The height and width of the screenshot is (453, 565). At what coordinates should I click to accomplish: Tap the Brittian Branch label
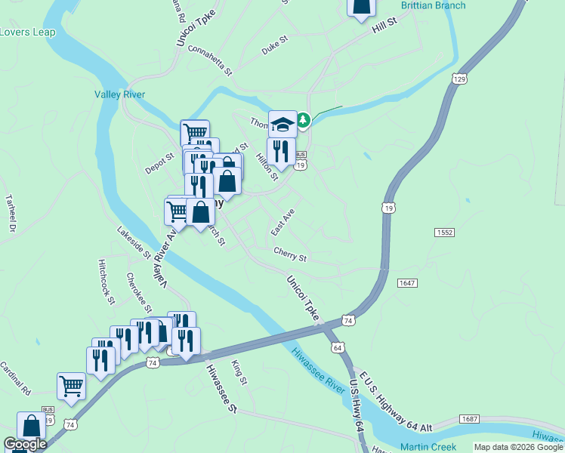pyautogui.click(x=433, y=5)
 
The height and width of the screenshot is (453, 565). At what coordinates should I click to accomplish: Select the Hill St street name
pyautogui.click(x=384, y=29)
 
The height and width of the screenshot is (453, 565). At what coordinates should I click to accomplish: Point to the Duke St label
pyautogui.click(x=275, y=46)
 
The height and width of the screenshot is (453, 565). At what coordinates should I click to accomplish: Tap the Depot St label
pyautogui.click(x=159, y=162)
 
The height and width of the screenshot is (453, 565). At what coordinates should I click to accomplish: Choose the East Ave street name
pyautogui.click(x=282, y=221)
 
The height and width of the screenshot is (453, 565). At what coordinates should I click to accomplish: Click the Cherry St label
pyautogui.click(x=290, y=257)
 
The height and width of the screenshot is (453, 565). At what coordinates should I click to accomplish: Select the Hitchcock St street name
pyautogui.click(x=106, y=282)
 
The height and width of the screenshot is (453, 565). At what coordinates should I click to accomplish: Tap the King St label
pyautogui.click(x=239, y=372)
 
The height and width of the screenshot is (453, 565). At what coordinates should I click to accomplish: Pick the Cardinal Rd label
pyautogui.click(x=15, y=379)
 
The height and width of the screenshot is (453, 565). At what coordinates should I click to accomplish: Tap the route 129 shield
pyautogui.click(x=459, y=79)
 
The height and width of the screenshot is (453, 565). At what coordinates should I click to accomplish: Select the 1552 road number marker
pyautogui.click(x=444, y=233)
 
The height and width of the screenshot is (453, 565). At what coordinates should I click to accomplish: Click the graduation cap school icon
pyautogui.click(x=282, y=124)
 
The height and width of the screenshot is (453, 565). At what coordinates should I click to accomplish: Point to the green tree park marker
pyautogui.click(x=303, y=120)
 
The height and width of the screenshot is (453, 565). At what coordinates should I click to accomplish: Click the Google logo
pyautogui.click(x=25, y=444)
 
